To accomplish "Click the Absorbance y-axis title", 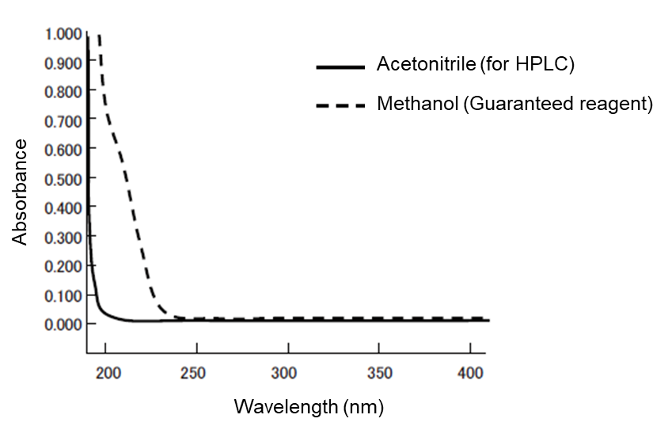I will tap(20, 192).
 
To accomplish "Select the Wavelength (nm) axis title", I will tap(308, 408).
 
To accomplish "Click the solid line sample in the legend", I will tap(341, 67).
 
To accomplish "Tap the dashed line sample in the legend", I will tap(341, 105).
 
